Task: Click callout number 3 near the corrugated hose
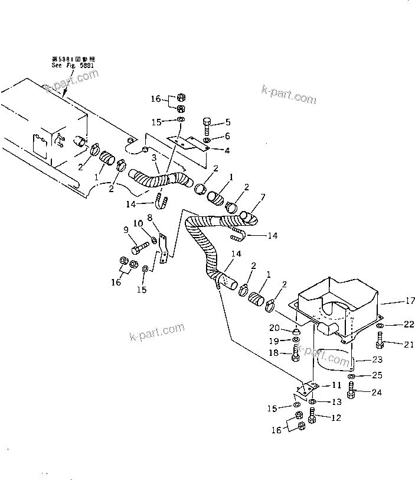coord(154,158)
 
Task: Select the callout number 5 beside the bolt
coord(227,123)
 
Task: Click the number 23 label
coord(377,360)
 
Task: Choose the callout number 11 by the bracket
coord(336,385)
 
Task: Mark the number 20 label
coord(275,328)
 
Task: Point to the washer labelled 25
coord(352,377)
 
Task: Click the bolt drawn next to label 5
coord(207,125)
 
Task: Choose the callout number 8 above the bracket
coord(150,218)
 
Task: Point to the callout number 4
coord(227,150)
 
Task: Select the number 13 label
coord(336,402)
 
